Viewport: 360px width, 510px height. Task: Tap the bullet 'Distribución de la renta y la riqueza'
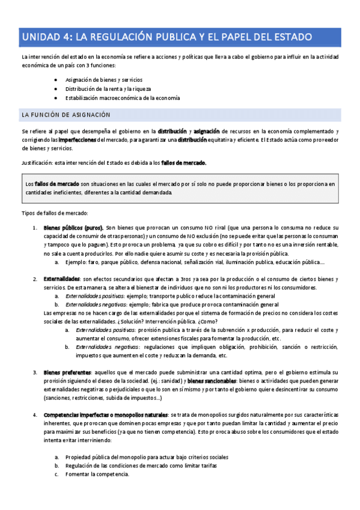pyautogui.click(x=108, y=88)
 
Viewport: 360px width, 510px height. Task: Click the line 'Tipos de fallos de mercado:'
pyautogui.click(x=55, y=213)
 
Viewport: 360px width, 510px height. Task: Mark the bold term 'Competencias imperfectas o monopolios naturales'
pyautogui.click(x=106, y=415)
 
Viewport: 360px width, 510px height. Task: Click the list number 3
pyautogui.click(x=34, y=373)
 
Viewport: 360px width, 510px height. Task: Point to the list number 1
pyautogui.click(x=34, y=228)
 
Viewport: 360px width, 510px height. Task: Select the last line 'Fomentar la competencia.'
pyautogui.click(x=97, y=474)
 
